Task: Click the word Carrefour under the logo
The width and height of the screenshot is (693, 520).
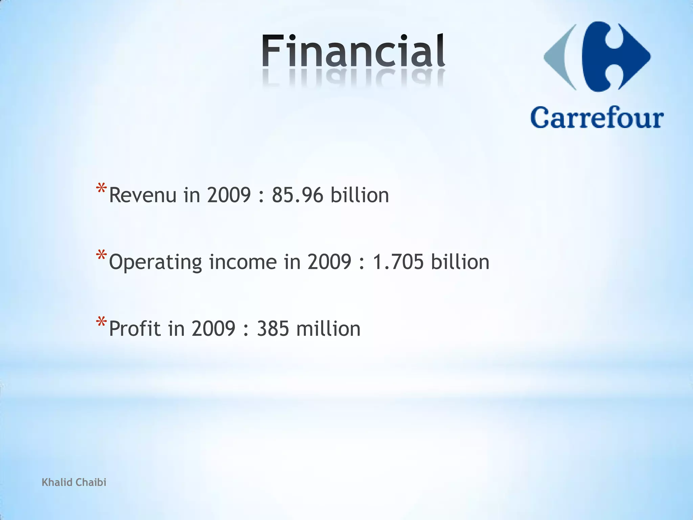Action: point(597,117)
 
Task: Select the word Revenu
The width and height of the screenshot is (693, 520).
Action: point(142,195)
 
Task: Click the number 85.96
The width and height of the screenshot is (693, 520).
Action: point(297,195)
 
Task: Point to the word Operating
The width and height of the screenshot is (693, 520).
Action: point(155,263)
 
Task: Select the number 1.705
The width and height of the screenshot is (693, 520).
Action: point(398,262)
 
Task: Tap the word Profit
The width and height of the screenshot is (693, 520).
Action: point(135,329)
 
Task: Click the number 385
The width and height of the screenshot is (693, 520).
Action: point(273,329)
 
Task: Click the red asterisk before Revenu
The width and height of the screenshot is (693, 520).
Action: point(102,189)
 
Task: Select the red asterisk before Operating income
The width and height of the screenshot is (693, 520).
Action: point(102,256)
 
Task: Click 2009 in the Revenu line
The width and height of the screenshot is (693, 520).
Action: point(229,195)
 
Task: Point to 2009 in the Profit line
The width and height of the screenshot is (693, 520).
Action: point(213,329)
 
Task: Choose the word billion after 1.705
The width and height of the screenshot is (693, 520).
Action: point(460,262)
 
